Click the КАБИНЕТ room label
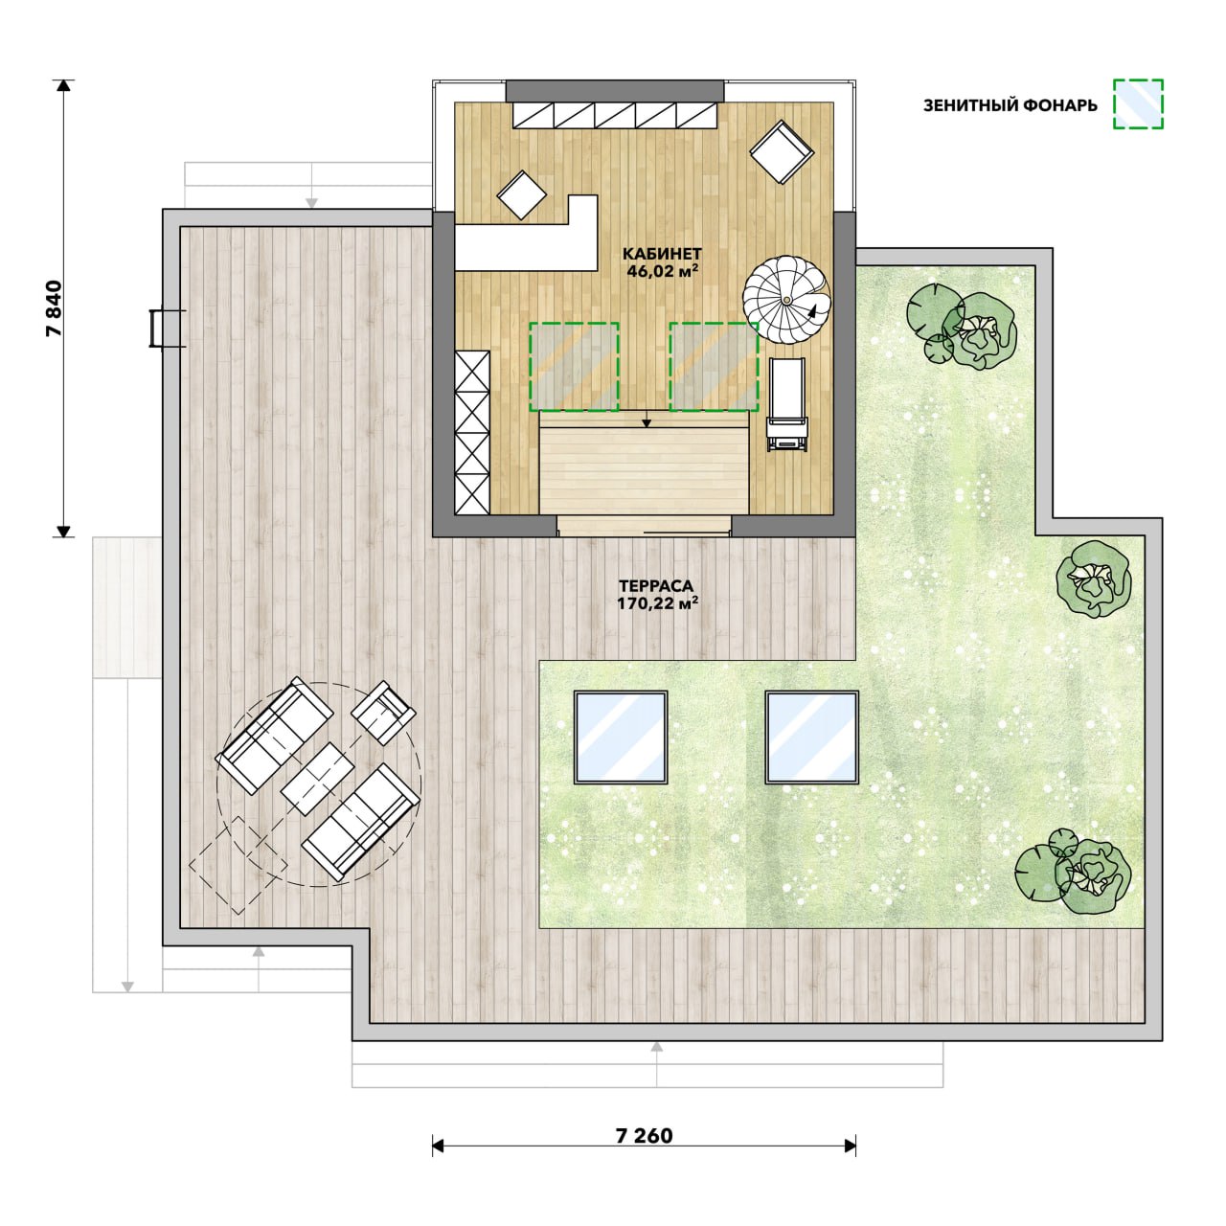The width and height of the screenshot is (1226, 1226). click(x=662, y=254)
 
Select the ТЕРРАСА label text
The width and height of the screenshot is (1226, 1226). click(x=657, y=586)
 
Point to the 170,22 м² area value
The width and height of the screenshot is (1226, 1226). click(x=657, y=602)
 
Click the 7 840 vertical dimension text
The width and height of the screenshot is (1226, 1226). click(x=56, y=307)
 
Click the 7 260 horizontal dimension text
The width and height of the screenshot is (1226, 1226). click(x=644, y=1136)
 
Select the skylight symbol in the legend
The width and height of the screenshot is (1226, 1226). click(x=1138, y=104)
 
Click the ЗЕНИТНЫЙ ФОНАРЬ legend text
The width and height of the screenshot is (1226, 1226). click(x=1010, y=105)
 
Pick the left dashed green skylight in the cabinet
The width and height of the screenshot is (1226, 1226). click(x=573, y=367)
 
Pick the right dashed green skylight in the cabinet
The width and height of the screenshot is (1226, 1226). click(x=714, y=367)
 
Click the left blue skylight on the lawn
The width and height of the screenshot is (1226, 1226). click(x=621, y=738)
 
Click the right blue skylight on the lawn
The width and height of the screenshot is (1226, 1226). click(x=812, y=738)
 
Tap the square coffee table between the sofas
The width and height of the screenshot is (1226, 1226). click(x=317, y=779)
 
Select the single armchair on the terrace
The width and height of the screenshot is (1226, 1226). click(x=384, y=713)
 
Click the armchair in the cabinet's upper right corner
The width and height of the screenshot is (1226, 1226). click(x=782, y=151)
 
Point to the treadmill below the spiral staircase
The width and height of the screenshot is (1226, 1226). click(x=787, y=404)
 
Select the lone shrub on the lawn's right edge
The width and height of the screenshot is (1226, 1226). click(x=1094, y=578)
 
